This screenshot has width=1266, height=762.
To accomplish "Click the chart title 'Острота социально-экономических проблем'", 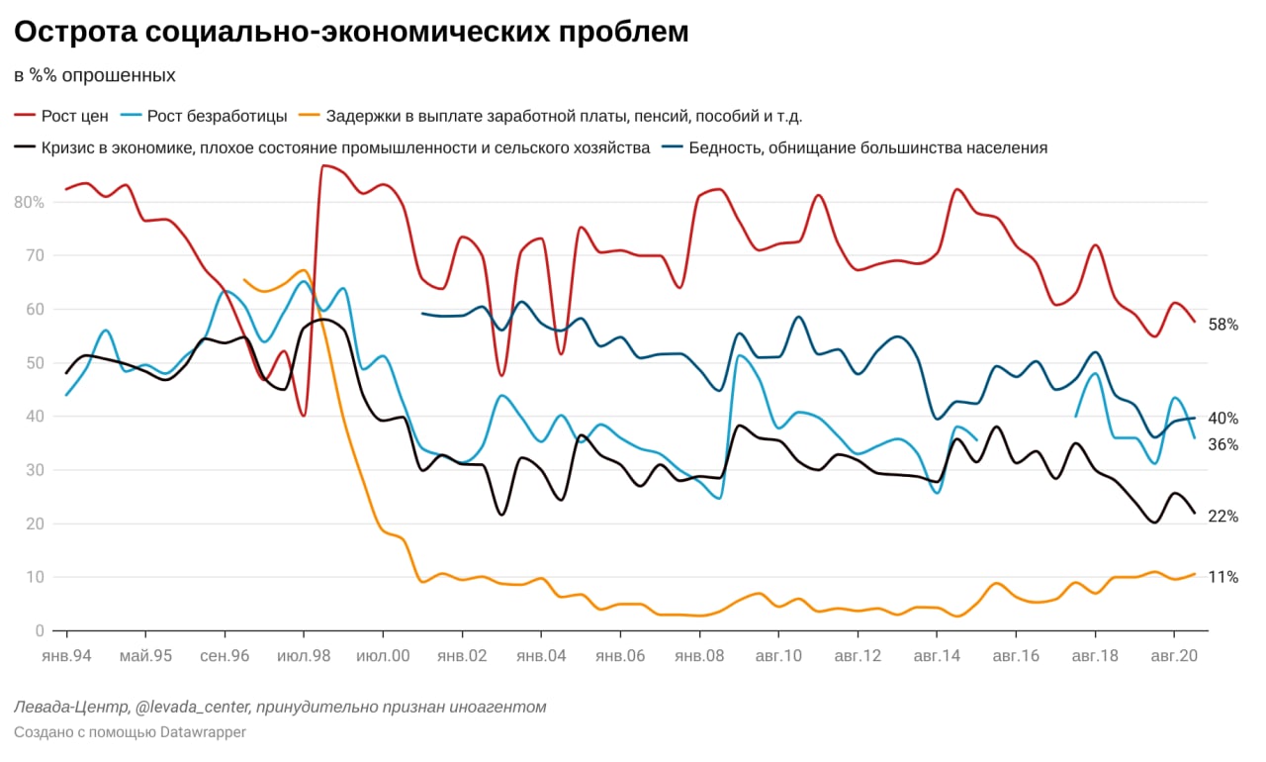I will [x=351, y=32].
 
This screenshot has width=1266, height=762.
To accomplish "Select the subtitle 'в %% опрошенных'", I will [x=95, y=75].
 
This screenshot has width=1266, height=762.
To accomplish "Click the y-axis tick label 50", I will [x=35, y=362].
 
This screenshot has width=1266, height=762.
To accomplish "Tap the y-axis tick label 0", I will [x=39, y=630].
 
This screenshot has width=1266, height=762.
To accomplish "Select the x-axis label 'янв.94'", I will [x=66, y=655].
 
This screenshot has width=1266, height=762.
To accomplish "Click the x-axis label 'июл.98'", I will [x=304, y=655].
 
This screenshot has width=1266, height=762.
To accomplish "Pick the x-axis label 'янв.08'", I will [x=699, y=655].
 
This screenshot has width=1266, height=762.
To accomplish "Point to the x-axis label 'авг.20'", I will [x=1174, y=655].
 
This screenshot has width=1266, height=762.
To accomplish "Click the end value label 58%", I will [x=1223, y=325].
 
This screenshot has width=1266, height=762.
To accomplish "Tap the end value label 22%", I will [x=1223, y=516].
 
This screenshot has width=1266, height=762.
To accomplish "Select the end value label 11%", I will [x=1223, y=577].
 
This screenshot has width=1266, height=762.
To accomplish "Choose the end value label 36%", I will [x=1223, y=444].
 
